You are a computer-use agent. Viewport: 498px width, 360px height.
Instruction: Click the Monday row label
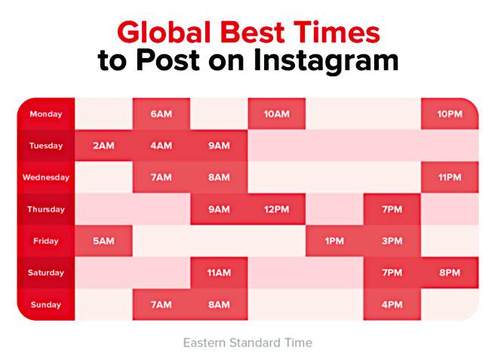pyautogui.click(x=46, y=114)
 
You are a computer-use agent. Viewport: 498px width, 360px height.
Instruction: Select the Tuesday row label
pyautogui.click(x=46, y=146)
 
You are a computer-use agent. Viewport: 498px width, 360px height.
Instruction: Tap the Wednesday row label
pyautogui.click(x=46, y=177)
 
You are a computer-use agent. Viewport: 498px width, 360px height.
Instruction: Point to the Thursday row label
pyautogui.click(x=46, y=209)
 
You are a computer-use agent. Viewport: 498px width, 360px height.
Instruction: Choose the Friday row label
pyautogui.click(x=46, y=241)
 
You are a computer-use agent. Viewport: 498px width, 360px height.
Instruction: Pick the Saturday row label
pyautogui.click(x=46, y=272)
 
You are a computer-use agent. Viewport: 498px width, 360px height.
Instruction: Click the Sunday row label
pyautogui.click(x=46, y=304)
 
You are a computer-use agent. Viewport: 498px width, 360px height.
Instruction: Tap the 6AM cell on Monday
pyautogui.click(x=161, y=114)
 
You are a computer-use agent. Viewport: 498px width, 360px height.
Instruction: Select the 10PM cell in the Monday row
pyautogui.click(x=450, y=114)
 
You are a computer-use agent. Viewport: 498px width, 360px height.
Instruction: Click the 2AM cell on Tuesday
pyautogui.click(x=103, y=146)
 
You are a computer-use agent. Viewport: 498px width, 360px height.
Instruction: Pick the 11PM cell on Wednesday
pyautogui.click(x=450, y=177)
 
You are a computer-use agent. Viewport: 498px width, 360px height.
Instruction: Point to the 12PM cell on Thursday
pyautogui.click(x=277, y=209)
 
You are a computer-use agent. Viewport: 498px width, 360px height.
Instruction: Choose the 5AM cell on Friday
pyautogui.click(x=103, y=241)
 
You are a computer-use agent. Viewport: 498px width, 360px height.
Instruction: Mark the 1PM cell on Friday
pyautogui.click(x=334, y=241)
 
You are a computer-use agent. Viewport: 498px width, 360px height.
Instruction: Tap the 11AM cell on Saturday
pyautogui.click(x=219, y=272)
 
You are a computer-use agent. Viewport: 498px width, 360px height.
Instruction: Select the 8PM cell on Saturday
pyautogui.click(x=450, y=272)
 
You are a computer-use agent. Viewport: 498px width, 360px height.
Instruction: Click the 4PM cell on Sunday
pyautogui.click(x=392, y=304)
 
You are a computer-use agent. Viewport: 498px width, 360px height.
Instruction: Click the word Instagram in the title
pyautogui.click(x=330, y=61)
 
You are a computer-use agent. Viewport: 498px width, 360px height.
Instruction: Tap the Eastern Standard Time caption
pyautogui.click(x=247, y=343)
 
